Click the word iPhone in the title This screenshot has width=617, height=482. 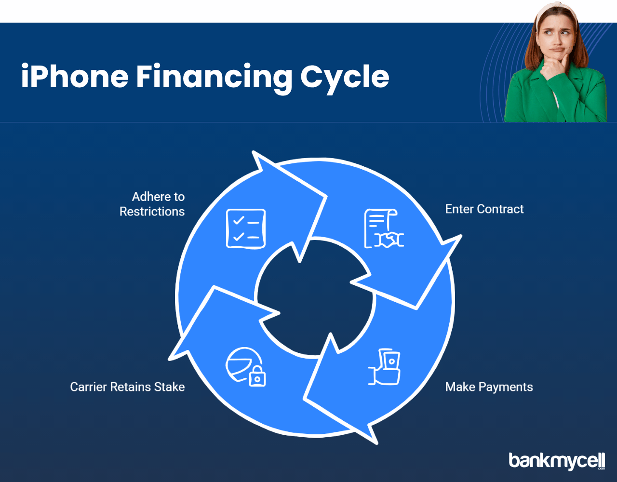(x=75, y=76)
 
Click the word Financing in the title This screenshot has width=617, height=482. (x=214, y=78)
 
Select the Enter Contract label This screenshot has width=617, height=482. (x=484, y=209)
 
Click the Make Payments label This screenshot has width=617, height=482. (x=489, y=387)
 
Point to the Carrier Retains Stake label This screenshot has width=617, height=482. (x=127, y=387)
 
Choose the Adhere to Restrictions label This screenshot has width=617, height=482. (x=152, y=204)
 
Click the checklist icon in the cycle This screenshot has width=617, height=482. (x=246, y=229)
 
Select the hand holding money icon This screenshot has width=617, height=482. (x=384, y=367)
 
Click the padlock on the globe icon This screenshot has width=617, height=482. (x=257, y=376)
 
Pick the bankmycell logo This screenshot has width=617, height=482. (x=557, y=461)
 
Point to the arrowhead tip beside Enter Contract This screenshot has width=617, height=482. (x=460, y=236)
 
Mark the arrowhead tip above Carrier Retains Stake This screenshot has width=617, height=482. (x=170, y=360)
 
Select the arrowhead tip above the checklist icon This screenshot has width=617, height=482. (x=253, y=152)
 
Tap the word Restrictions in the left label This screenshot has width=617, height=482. (x=152, y=212)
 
